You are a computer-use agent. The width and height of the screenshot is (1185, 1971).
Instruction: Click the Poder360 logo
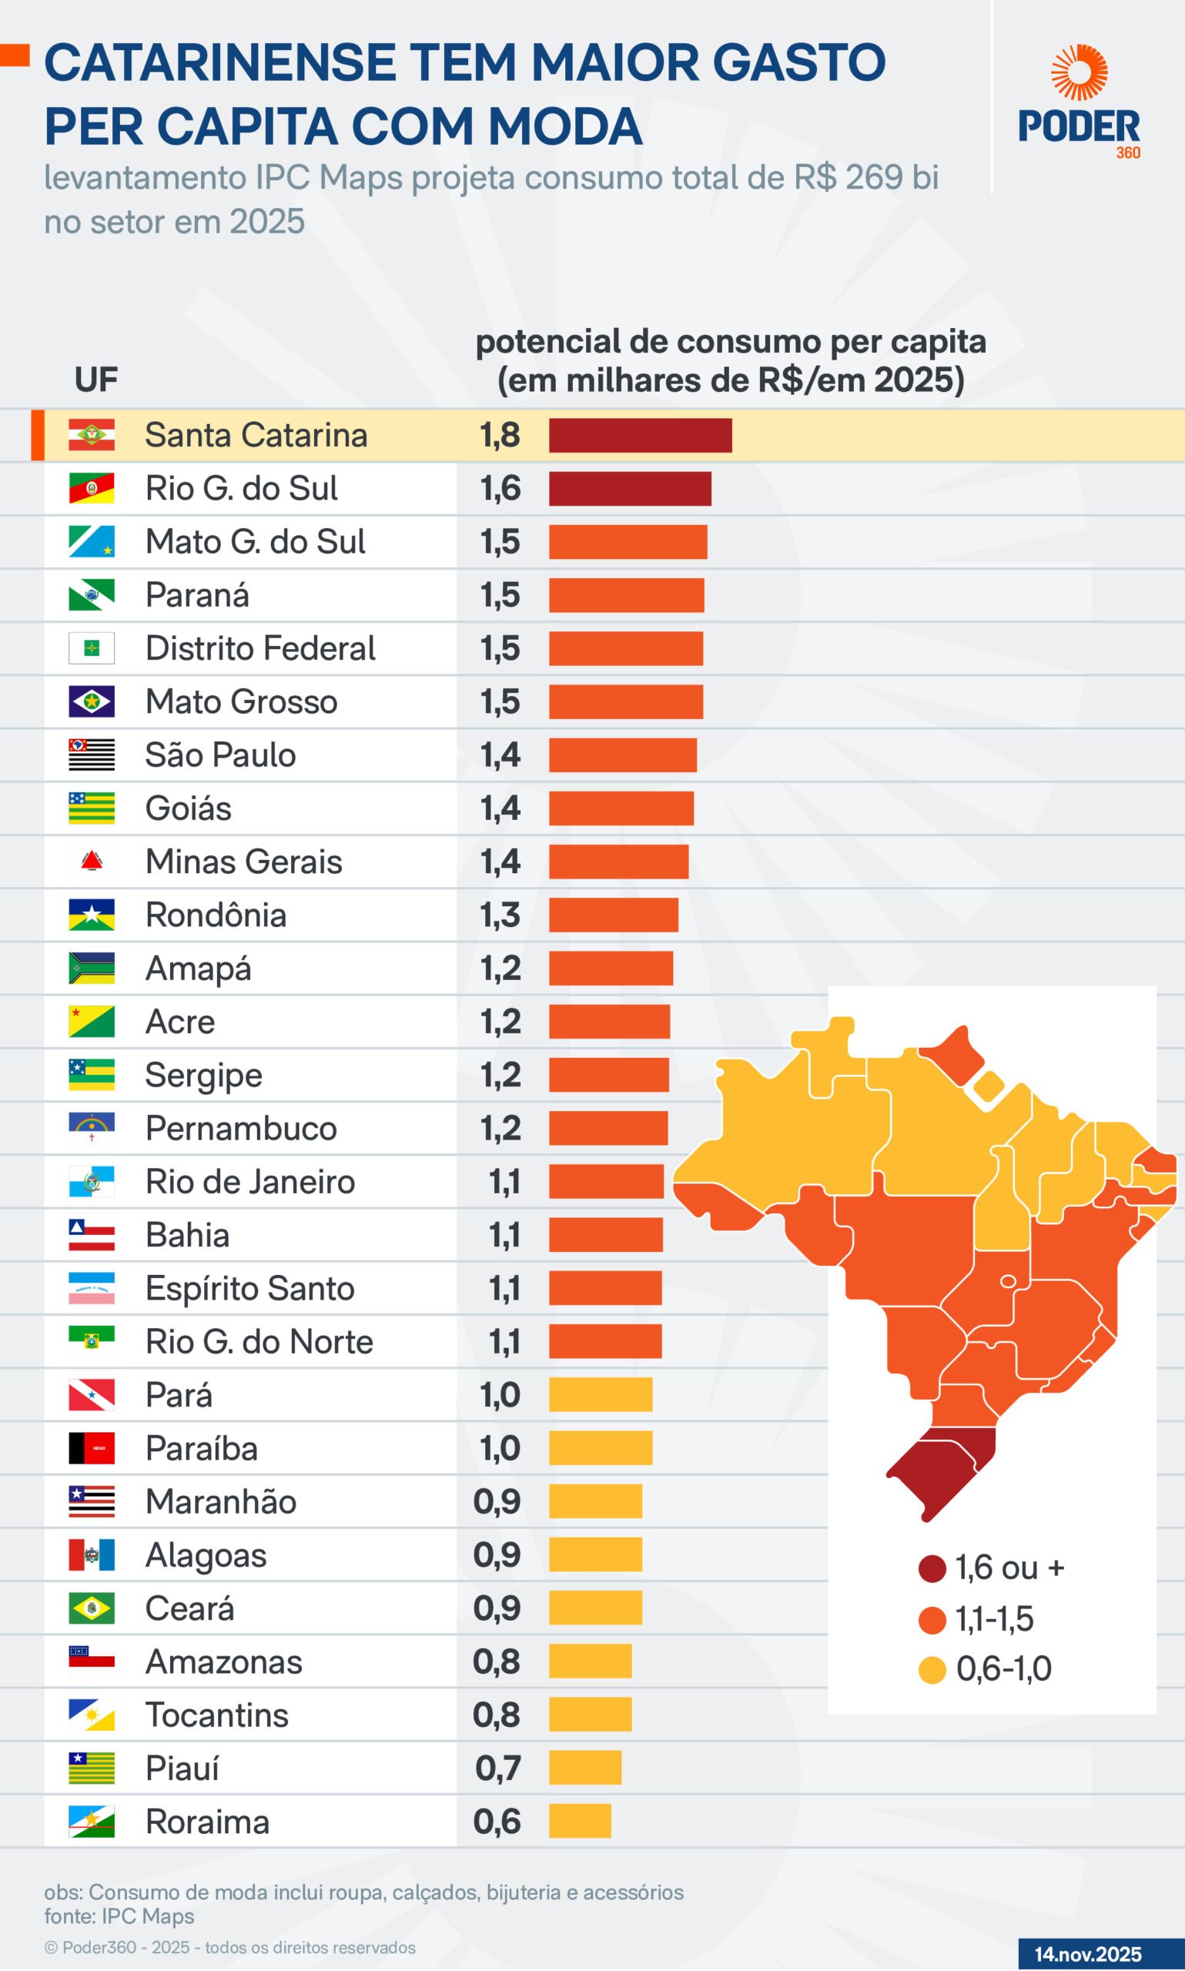1079,102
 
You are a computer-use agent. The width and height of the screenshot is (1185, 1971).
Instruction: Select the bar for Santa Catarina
640,435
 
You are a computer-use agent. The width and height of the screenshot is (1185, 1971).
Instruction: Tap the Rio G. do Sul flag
91,489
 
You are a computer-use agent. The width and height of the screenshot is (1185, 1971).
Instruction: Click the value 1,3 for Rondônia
500,915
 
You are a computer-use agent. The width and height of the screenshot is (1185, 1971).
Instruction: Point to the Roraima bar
580,1821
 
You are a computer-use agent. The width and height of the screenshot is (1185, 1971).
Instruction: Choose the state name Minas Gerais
243,862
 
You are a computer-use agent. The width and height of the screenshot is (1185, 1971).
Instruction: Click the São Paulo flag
91,755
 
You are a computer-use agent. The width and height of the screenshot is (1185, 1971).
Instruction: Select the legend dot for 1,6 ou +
932,1568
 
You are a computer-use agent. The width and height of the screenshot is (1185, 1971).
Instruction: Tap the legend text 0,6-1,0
1004,1668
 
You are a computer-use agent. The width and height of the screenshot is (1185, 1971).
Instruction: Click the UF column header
95,380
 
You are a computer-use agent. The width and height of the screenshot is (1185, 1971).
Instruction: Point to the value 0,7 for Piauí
497,1769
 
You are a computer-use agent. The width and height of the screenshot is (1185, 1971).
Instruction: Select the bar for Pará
601,1394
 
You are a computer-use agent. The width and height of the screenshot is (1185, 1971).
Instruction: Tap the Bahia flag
91,1235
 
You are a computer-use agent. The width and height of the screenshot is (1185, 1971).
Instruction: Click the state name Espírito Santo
250,1288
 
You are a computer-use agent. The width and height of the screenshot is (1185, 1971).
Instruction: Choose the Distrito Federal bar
626,648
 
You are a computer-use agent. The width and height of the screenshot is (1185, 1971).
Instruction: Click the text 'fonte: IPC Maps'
119,1916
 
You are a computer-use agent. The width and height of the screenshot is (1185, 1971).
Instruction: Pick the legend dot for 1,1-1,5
932,1620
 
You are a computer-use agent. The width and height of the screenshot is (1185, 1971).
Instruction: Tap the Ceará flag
91,1608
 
